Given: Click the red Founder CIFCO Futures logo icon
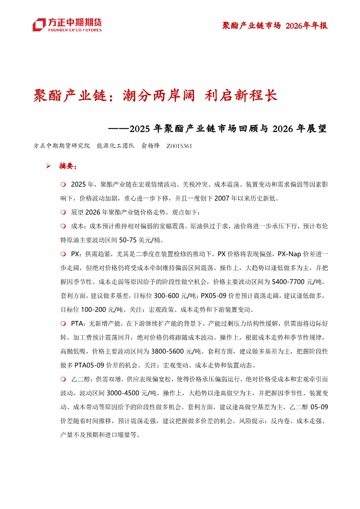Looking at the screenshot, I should [x=39, y=24].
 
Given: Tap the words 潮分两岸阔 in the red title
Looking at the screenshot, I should [x=160, y=95].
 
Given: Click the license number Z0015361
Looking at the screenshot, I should [x=179, y=146].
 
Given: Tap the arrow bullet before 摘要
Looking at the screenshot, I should [x=49, y=166].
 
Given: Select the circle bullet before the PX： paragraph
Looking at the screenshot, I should [x=63, y=253].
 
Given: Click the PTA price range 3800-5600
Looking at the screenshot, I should [x=171, y=351].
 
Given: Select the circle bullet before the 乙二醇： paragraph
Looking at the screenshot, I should [x=63, y=379].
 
